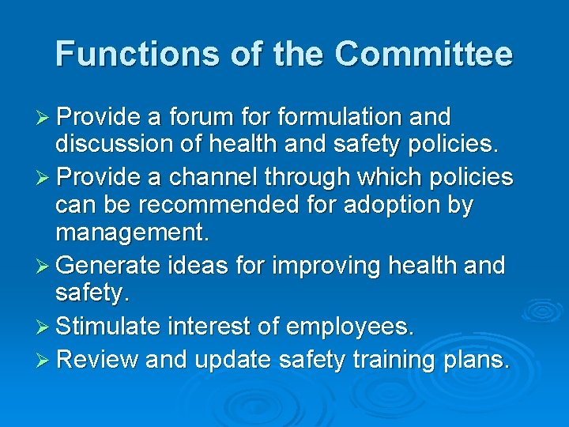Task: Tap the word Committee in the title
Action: point(424,54)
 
